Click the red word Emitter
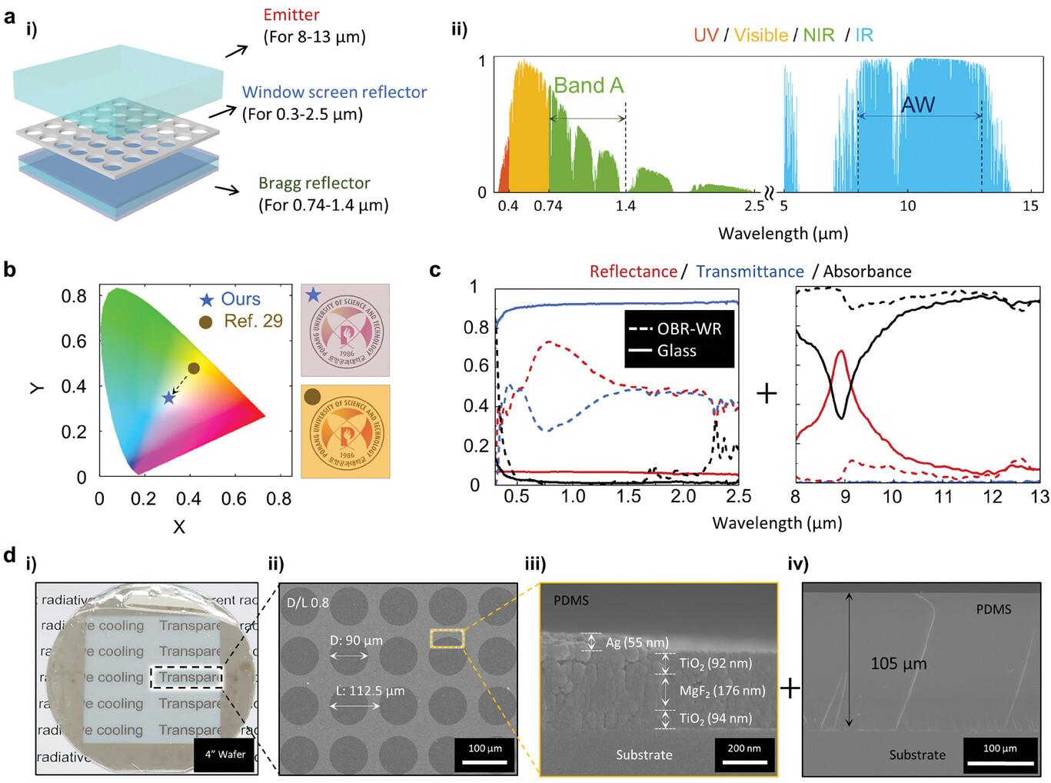291,15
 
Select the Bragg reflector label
314,183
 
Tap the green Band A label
588,85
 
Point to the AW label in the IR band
918,105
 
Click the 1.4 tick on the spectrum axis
626,206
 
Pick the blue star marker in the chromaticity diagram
169,398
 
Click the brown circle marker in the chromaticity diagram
194,368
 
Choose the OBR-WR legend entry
689,329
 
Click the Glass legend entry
677,351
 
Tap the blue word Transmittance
750,272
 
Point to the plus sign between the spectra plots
767,394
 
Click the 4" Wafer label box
225,755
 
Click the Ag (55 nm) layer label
637,642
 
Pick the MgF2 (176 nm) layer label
722,691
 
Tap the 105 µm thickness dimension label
898,664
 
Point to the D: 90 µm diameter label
356,640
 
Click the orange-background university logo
345,431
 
